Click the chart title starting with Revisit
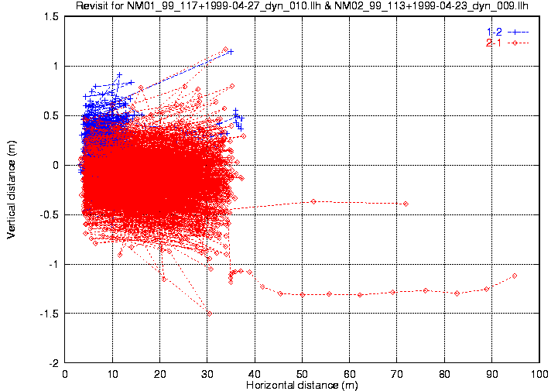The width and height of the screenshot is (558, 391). (303, 7)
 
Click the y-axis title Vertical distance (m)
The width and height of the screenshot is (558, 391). (12, 190)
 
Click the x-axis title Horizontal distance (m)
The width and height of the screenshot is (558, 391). (302, 385)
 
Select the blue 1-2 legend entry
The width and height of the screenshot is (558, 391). (494, 31)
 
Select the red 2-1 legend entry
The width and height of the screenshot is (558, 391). (494, 43)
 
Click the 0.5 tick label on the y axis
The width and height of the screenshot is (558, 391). (50, 115)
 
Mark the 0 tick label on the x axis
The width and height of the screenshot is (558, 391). (66, 374)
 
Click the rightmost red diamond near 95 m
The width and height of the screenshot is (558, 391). (515, 276)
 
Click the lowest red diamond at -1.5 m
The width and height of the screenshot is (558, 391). (209, 314)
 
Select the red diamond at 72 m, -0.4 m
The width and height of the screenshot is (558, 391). (406, 204)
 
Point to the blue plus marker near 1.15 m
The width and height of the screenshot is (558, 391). (231, 51)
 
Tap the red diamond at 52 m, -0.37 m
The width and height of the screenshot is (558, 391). (313, 201)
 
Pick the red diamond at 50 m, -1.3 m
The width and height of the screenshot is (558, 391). (303, 294)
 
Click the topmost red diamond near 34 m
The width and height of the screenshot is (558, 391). (225, 50)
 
